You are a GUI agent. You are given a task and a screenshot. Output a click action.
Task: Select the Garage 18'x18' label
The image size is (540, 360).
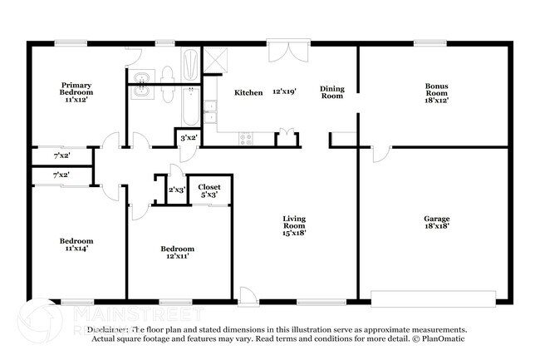point(435,224)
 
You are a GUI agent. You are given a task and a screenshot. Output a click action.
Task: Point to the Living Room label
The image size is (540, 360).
point(294,224)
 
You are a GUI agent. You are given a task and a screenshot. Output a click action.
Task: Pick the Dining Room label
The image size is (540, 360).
point(332,91)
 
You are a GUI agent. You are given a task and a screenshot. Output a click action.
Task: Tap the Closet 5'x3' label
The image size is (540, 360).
point(209,192)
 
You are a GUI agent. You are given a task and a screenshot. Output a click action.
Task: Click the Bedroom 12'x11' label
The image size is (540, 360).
point(178,253)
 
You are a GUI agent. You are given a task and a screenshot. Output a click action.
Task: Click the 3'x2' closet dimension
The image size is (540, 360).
point(189,138)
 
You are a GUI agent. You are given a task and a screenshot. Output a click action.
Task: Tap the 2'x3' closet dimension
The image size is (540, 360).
point(177,190)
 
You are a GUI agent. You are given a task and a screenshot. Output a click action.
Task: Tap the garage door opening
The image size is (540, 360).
point(433,296)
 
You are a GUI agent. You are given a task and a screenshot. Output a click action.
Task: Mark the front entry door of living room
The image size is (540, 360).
point(248,293)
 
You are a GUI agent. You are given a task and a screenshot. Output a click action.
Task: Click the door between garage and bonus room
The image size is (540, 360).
point(380,153)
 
